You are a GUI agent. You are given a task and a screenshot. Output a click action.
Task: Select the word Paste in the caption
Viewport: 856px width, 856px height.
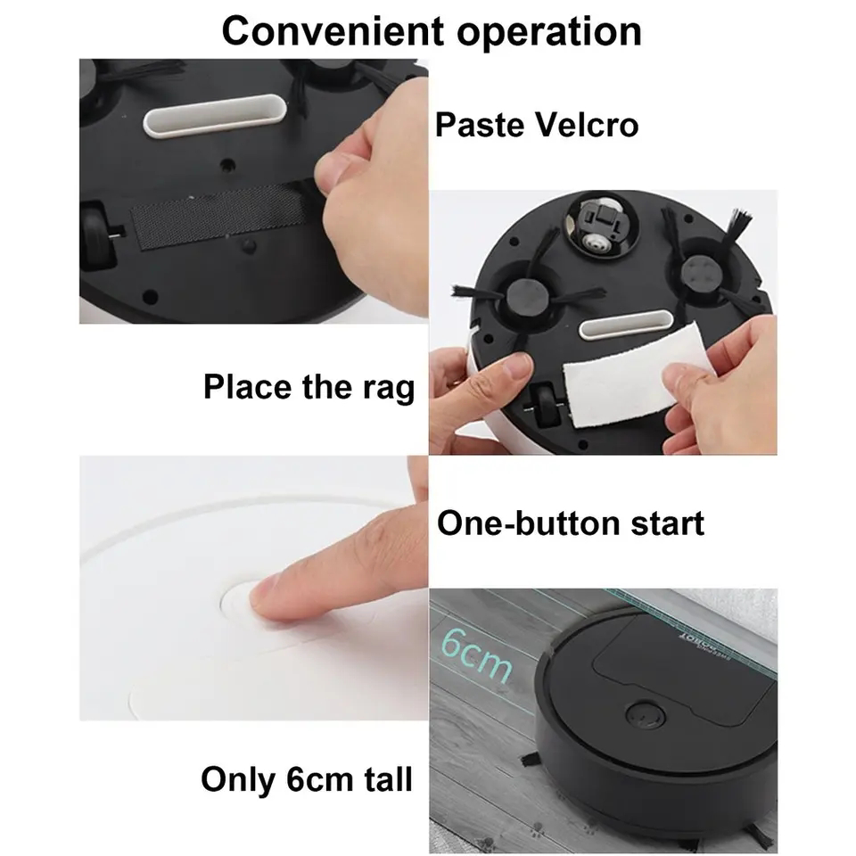pos(479,125)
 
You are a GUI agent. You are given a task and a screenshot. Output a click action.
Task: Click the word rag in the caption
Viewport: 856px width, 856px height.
pos(390,389)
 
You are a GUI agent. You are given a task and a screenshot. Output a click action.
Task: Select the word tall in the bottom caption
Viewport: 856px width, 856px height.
pos(379,778)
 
